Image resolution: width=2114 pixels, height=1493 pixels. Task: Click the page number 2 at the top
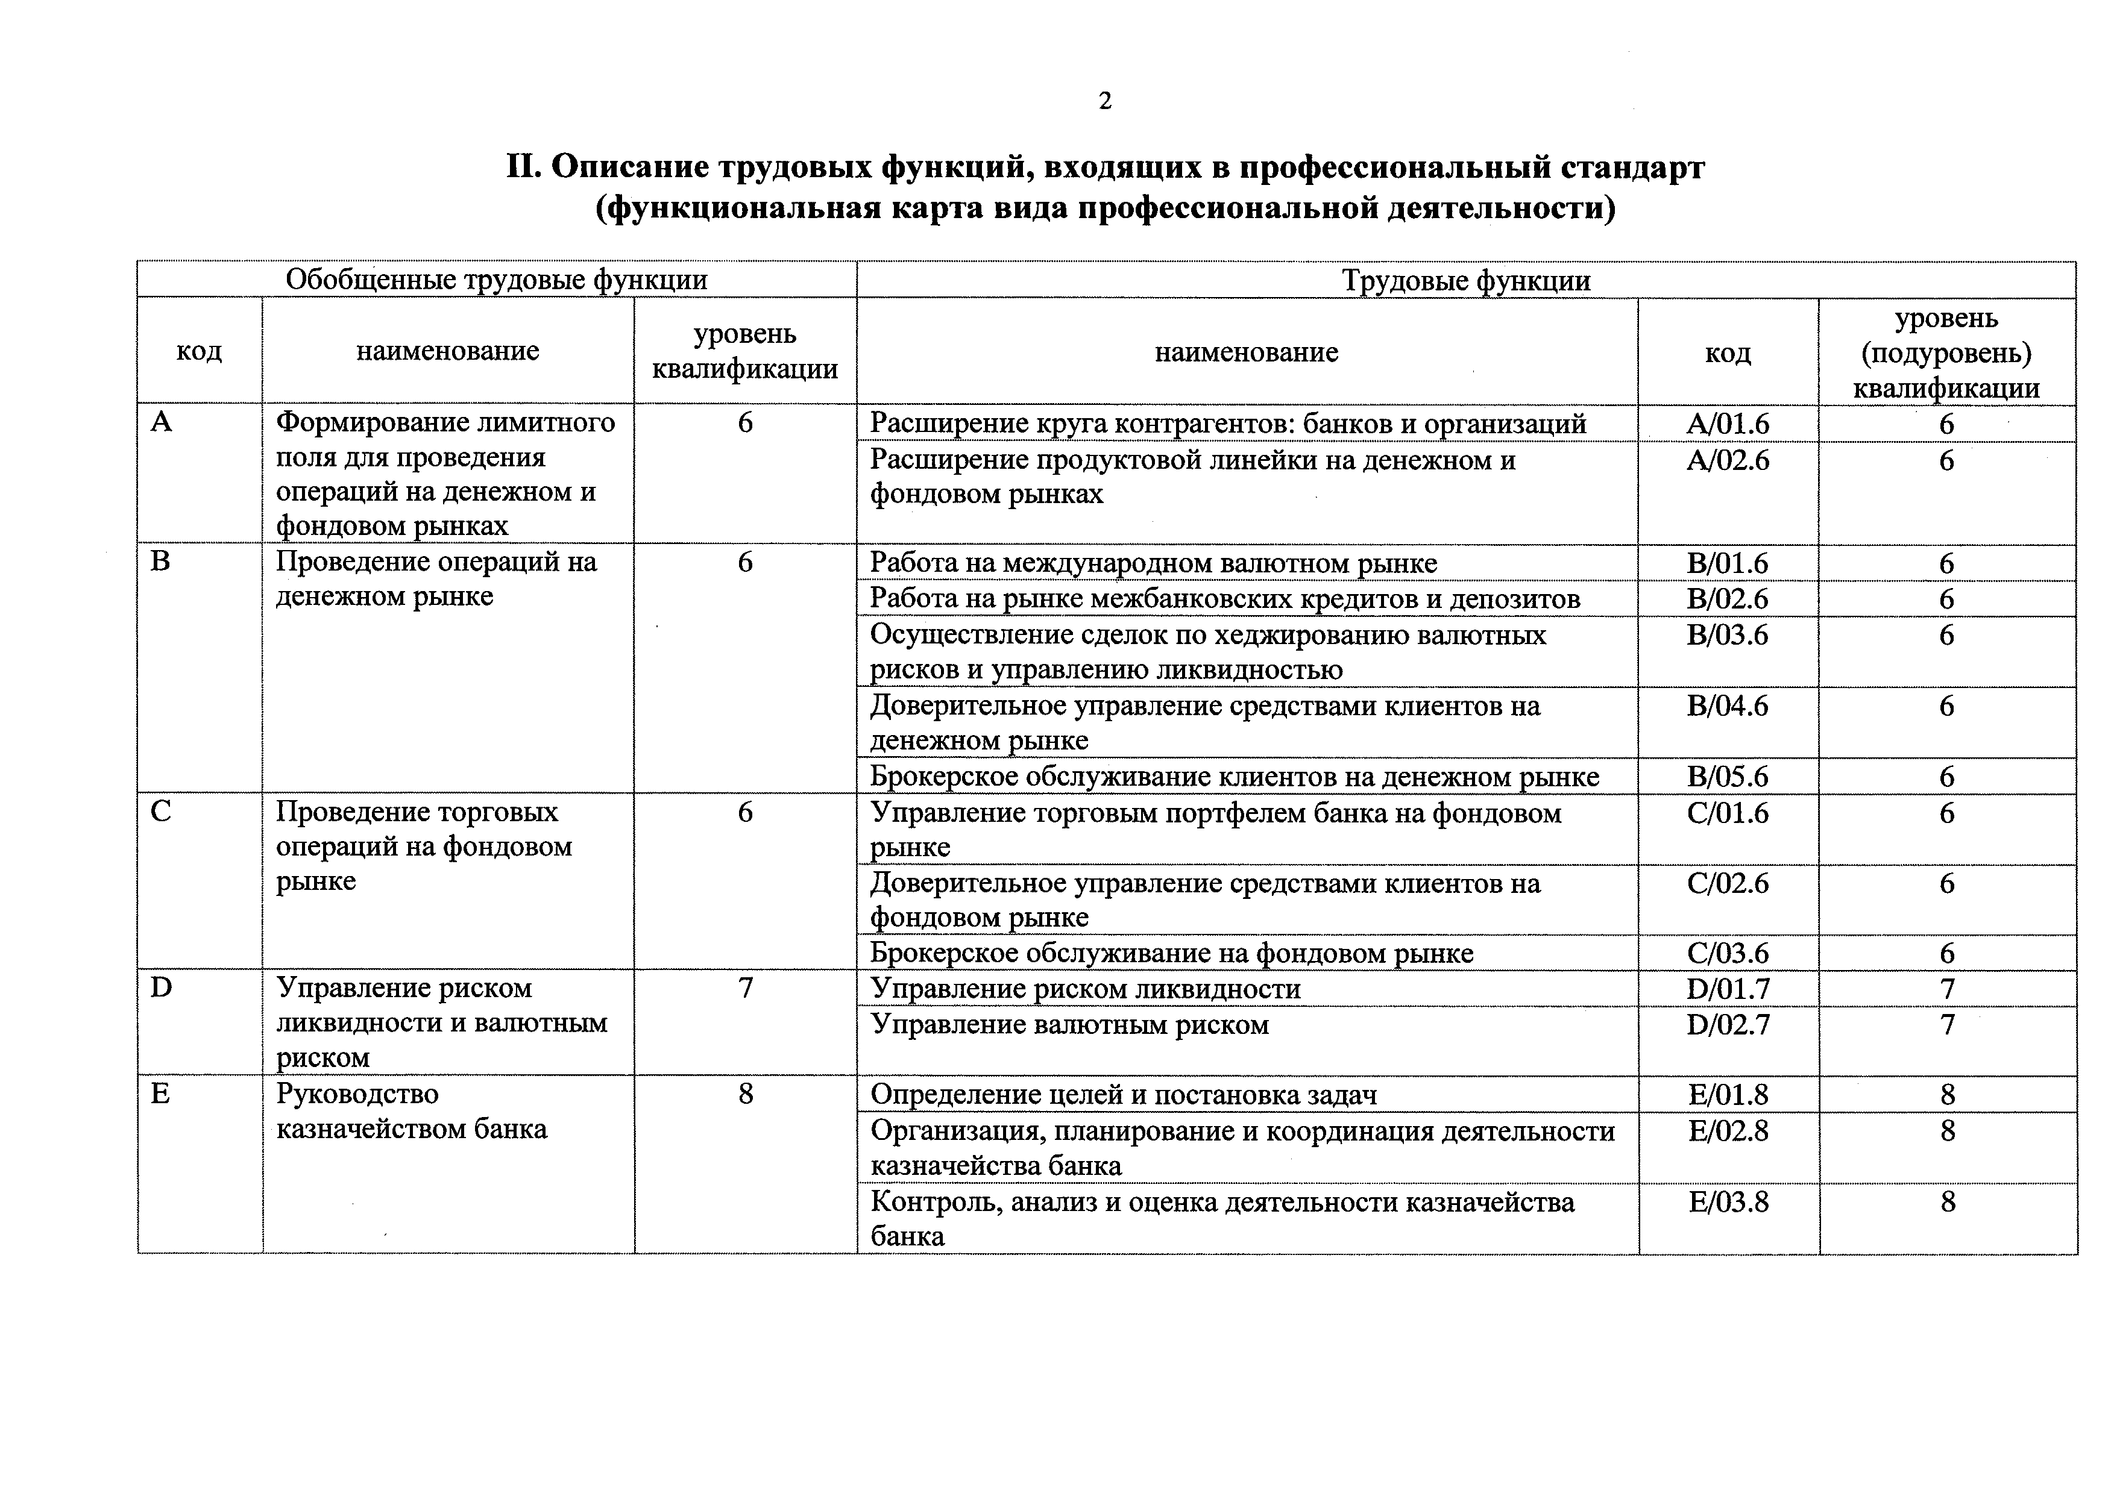coord(1105,101)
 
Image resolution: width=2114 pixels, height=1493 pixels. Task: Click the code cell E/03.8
coord(1728,1202)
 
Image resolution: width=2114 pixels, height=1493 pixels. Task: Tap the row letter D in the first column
coord(161,988)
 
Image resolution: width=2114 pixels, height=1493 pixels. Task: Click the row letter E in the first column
coord(160,1094)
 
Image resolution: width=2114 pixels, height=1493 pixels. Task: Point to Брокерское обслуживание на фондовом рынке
coord(1171,954)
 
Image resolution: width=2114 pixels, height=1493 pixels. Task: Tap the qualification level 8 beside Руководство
coord(745,1094)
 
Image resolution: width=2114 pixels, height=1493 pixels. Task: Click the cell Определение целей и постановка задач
coord(1123,1095)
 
